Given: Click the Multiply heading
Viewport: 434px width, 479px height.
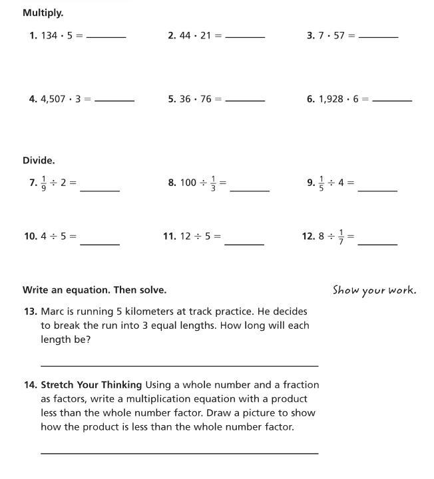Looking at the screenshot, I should point(43,13).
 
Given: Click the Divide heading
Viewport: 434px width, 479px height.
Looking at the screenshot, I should point(39,160).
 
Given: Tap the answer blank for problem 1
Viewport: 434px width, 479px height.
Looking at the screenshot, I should point(107,37).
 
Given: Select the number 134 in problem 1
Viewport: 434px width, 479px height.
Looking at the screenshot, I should point(49,36).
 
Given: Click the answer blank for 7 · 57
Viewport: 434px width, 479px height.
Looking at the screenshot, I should point(378,37).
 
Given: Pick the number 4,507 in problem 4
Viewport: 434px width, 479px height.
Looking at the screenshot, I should point(53,99).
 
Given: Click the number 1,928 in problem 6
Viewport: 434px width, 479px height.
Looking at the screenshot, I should point(331,99).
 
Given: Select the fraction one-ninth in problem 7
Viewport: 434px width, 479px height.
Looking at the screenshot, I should point(43,182).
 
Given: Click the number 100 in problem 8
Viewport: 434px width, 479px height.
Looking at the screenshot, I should point(188,182).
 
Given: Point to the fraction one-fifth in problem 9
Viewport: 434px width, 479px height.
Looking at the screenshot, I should point(322,182).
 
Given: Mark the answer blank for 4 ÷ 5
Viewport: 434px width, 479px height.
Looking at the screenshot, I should point(100,244).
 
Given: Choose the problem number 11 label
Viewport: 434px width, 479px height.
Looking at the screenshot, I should point(169,236).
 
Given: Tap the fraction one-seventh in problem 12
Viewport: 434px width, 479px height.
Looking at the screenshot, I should point(341,236).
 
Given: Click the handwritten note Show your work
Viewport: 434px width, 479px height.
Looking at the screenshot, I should point(374,290).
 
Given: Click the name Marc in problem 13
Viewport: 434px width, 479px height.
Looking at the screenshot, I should point(52,311).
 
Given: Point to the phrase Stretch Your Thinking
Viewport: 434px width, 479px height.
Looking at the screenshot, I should point(91,385).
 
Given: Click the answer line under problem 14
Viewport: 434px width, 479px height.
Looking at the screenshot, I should point(179,453).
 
